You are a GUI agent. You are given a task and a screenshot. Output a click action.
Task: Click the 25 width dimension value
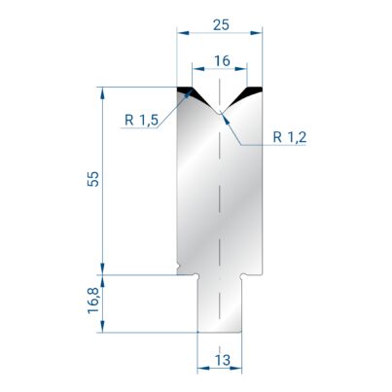click(x=221, y=25)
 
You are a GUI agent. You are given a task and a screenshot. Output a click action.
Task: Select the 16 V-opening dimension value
click(x=222, y=61)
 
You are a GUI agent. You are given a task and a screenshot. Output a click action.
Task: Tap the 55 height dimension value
click(x=93, y=179)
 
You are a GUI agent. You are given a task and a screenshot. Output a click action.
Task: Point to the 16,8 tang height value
click(x=93, y=302)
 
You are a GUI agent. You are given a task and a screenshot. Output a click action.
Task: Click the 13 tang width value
click(x=223, y=360)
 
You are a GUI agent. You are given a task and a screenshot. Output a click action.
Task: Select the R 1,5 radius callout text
click(x=142, y=121)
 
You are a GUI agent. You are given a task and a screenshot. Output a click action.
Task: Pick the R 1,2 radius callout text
click(x=290, y=137)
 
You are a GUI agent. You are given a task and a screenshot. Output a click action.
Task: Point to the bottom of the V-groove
click(x=220, y=113)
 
